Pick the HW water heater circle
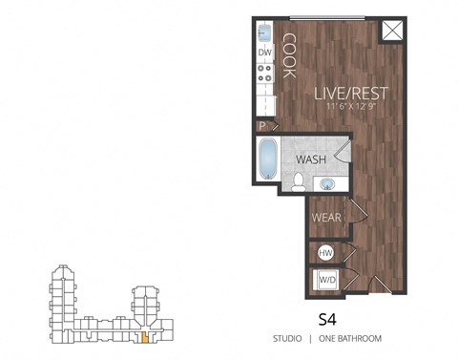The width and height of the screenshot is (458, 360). point(324,253)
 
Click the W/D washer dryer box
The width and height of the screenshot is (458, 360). point(325,281)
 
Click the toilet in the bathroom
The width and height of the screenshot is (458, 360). point(299,180)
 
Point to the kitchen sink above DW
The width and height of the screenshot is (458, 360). point(265,32)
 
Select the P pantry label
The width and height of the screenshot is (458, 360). point(261,124)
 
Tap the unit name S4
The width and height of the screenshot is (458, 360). point(329,317)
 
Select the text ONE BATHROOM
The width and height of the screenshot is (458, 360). point(349,339)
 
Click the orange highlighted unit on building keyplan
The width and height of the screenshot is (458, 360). point(144,335)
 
